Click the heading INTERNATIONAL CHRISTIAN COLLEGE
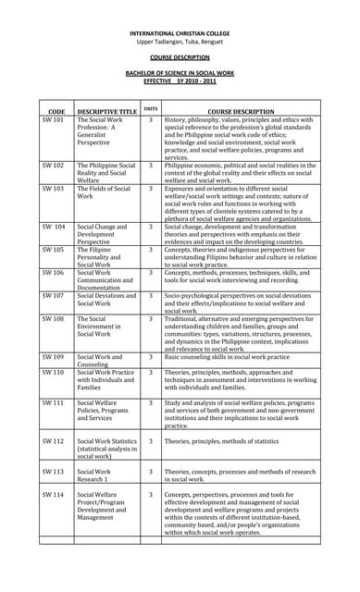(x=180, y=32)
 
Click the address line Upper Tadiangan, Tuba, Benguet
(x=180, y=42)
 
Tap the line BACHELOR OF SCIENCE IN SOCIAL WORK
(x=180, y=72)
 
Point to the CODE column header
(x=56, y=111)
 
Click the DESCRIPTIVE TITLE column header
(x=106, y=111)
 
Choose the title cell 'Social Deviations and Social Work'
(x=106, y=299)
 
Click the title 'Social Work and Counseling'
(x=99, y=360)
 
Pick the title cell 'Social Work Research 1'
(x=96, y=475)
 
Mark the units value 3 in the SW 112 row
(x=151, y=441)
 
